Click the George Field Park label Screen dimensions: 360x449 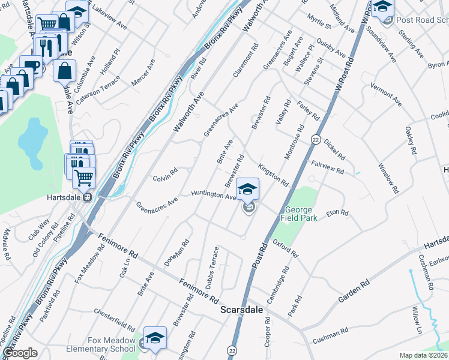coord(298,214)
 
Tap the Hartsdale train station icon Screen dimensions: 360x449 coord(88,197)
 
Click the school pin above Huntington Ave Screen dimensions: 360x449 coord(247,189)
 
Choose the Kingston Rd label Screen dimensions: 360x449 coord(273,174)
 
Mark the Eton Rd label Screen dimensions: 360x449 coord(337,212)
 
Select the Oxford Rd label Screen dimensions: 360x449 coord(285,248)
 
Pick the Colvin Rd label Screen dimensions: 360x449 coord(165,175)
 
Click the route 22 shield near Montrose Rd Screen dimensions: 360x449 coord(315,139)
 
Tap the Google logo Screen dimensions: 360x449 coord(20,353)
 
